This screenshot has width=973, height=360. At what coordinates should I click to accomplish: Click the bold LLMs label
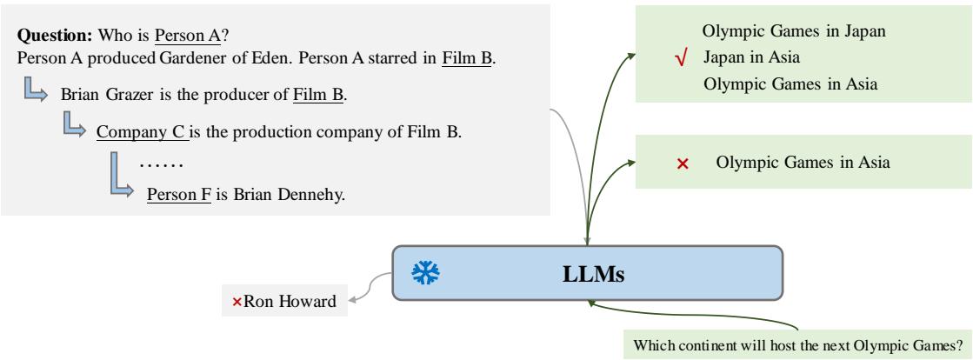587,273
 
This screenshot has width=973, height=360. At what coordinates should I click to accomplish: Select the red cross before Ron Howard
237,302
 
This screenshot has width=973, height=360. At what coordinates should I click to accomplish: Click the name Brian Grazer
103,94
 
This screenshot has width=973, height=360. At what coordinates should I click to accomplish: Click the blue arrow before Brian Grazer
35,91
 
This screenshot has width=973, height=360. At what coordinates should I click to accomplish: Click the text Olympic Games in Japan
793,32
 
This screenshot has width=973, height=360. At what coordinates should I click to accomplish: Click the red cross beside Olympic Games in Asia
683,163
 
